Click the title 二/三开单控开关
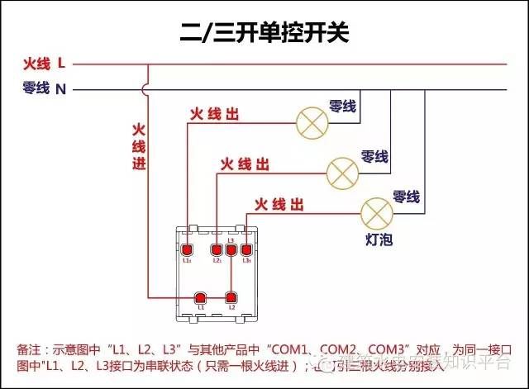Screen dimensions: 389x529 coord(264,32)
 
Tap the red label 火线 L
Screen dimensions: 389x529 coord(45,64)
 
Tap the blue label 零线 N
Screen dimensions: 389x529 coord(45,88)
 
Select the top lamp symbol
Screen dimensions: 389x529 coord(311,123)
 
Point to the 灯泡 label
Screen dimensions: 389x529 coord(378,240)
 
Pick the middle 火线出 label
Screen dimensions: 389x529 coord(244,164)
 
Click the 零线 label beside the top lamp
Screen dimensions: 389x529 coord(342,107)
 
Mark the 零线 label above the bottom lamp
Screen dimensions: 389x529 coord(406,197)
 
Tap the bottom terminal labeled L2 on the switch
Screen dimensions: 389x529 coord(231,298)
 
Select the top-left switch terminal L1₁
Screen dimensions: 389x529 coord(187,250)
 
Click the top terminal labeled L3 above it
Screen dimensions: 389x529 coord(231,249)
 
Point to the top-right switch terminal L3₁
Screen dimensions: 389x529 coord(246,250)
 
